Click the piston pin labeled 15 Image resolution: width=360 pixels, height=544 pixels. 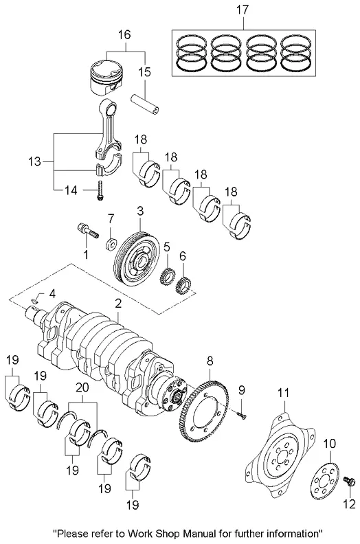[x=145, y=104]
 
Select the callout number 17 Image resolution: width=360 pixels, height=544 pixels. [x=243, y=10]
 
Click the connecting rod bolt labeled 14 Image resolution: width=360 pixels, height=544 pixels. [x=100, y=190]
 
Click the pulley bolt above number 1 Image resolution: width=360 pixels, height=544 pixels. [x=87, y=230]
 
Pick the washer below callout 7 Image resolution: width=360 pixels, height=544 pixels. [x=111, y=245]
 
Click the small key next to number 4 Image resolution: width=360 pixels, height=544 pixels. [x=35, y=300]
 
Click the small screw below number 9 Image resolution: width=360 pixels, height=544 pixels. [x=241, y=415]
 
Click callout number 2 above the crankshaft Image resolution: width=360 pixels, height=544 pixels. [x=118, y=304]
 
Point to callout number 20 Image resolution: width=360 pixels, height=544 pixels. [x=82, y=387]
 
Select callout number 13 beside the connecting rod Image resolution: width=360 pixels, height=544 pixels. [x=34, y=161]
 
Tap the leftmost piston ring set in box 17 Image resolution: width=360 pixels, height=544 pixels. [x=190, y=53]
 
